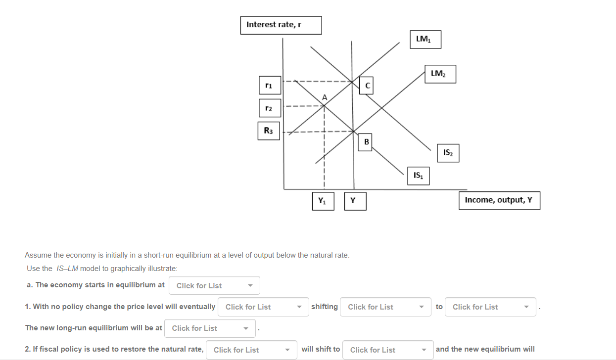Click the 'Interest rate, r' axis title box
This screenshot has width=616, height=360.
click(x=281, y=25)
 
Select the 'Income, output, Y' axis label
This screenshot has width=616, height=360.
click(x=499, y=200)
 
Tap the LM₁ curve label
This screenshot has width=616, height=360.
click(x=425, y=40)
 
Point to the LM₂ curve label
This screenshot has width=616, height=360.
click(x=440, y=74)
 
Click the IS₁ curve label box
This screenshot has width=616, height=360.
click(x=418, y=176)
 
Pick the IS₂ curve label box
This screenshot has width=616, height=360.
click(x=448, y=153)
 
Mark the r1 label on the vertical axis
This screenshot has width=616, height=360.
click(x=269, y=85)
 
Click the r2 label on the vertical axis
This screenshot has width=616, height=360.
click(x=269, y=108)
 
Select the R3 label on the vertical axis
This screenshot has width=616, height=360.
click(x=269, y=131)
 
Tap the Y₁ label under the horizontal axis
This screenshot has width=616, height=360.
click(x=323, y=201)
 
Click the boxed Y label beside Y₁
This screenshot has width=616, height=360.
click(x=355, y=201)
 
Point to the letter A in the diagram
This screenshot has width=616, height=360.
click(x=325, y=97)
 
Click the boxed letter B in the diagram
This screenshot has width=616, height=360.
click(x=366, y=142)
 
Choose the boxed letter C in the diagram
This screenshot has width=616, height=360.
click(x=367, y=86)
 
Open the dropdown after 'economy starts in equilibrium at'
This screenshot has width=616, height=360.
click(x=214, y=285)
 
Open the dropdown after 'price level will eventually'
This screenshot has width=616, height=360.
click(x=263, y=307)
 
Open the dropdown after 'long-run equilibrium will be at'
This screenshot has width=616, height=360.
click(x=210, y=328)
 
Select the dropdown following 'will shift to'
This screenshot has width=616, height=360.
click(x=387, y=350)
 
